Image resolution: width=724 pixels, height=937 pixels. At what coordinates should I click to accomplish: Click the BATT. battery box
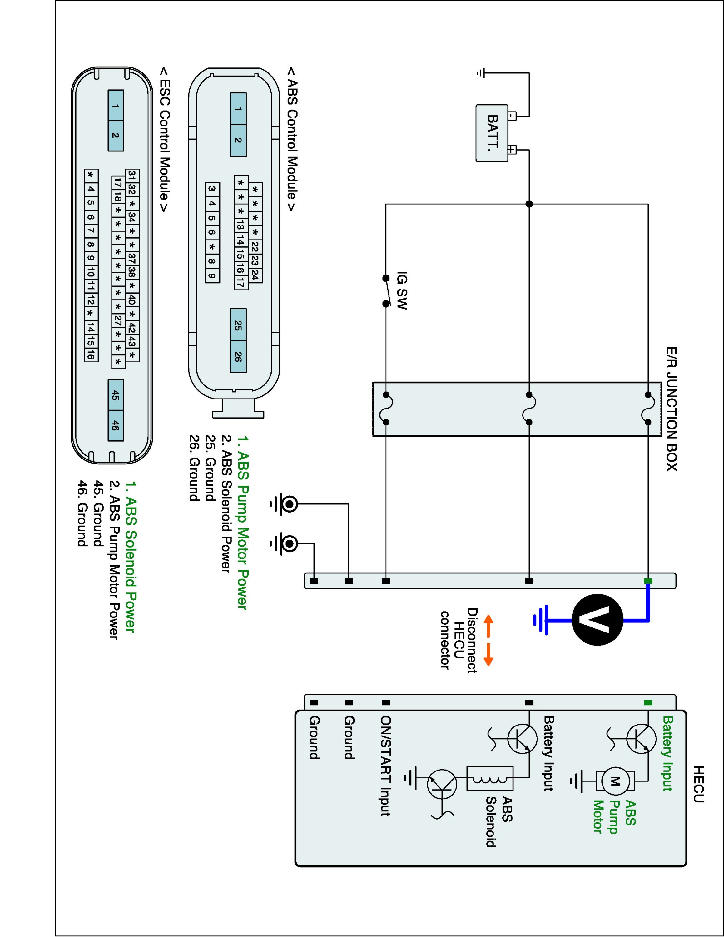(x=492, y=133)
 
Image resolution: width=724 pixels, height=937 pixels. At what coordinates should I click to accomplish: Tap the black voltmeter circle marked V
(x=597, y=620)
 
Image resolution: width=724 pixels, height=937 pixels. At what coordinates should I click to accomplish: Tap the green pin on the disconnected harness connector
(x=648, y=581)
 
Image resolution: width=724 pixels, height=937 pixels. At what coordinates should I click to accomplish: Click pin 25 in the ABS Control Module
(x=238, y=325)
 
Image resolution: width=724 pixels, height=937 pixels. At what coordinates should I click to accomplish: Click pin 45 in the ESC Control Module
(x=115, y=395)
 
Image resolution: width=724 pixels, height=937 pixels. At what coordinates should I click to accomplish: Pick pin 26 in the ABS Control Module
(x=238, y=356)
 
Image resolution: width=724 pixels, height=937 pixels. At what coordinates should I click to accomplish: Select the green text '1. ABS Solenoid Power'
(x=130, y=557)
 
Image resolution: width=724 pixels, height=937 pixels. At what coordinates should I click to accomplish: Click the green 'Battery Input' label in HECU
(x=667, y=753)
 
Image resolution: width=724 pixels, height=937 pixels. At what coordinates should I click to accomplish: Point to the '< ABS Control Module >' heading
(x=291, y=139)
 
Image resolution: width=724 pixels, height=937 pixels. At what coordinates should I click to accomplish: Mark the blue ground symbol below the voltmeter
(x=540, y=620)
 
